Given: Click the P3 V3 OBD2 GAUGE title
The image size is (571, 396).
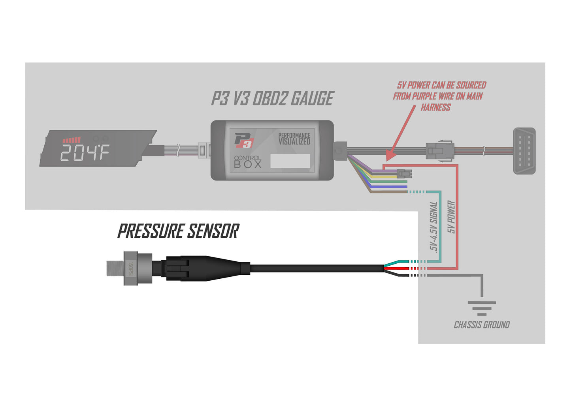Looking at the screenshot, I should coord(273,99).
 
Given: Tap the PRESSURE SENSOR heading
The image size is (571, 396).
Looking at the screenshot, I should coord(178,231).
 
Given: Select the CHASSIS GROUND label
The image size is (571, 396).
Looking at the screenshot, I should coord(482,325).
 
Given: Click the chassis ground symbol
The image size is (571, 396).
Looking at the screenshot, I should coord(482,308).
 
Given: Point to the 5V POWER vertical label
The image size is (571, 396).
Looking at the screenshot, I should coord(451,217).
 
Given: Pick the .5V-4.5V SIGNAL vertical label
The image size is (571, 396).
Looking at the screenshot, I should coord(433,227).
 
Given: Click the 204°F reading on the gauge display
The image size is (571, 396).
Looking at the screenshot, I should coord(85,153).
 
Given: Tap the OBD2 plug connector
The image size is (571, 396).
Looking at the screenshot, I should coord(524,151).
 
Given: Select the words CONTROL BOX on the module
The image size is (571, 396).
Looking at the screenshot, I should coord(248,162).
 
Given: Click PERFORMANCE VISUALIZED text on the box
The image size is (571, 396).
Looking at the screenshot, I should coord(294,139).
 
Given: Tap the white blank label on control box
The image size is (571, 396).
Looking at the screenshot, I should coord(290,161).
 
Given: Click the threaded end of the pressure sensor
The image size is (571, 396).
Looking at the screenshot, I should coord(115,268).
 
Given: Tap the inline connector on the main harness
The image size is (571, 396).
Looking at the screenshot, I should coord(439,151).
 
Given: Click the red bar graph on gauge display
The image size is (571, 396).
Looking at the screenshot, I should coord(72,140).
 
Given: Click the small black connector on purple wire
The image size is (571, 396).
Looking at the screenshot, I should coord(404,174).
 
